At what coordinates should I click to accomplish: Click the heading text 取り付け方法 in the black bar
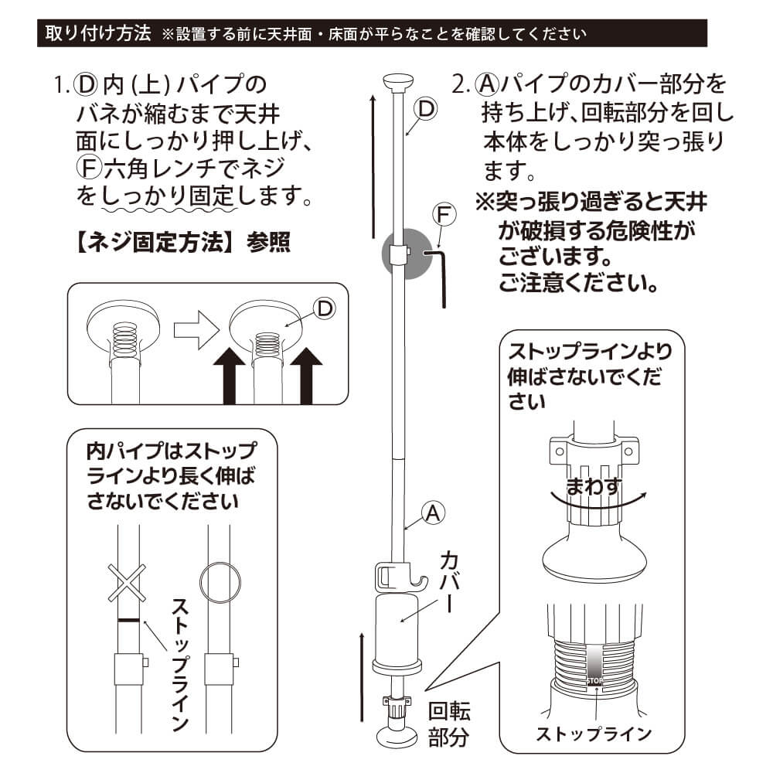pyautogui.click(x=98, y=34)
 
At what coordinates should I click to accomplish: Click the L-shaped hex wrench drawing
pyautogui.click(x=439, y=275)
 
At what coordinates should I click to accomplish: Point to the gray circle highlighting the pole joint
pyautogui.click(x=407, y=254)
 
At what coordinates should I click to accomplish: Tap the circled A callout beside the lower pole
pyautogui.click(x=434, y=511)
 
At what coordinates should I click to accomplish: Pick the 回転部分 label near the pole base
pyautogui.click(x=449, y=724)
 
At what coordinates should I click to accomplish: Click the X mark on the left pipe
pyautogui.click(x=128, y=583)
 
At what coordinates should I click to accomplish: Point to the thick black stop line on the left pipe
pyautogui.click(x=128, y=620)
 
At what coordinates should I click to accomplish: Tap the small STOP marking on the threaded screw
pyautogui.click(x=594, y=681)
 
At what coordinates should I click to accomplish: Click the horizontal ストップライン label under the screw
pyautogui.click(x=594, y=733)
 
